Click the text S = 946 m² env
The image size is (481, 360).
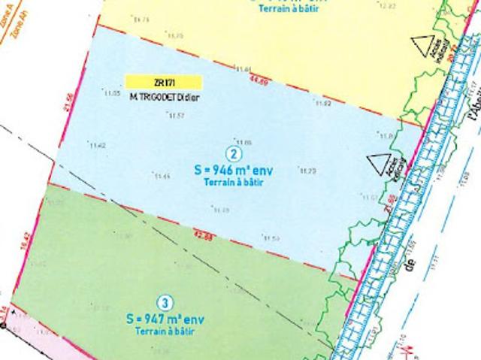click(234, 171)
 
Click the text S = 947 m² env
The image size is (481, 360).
click(166, 317)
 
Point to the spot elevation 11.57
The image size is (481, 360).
click(176, 115)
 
